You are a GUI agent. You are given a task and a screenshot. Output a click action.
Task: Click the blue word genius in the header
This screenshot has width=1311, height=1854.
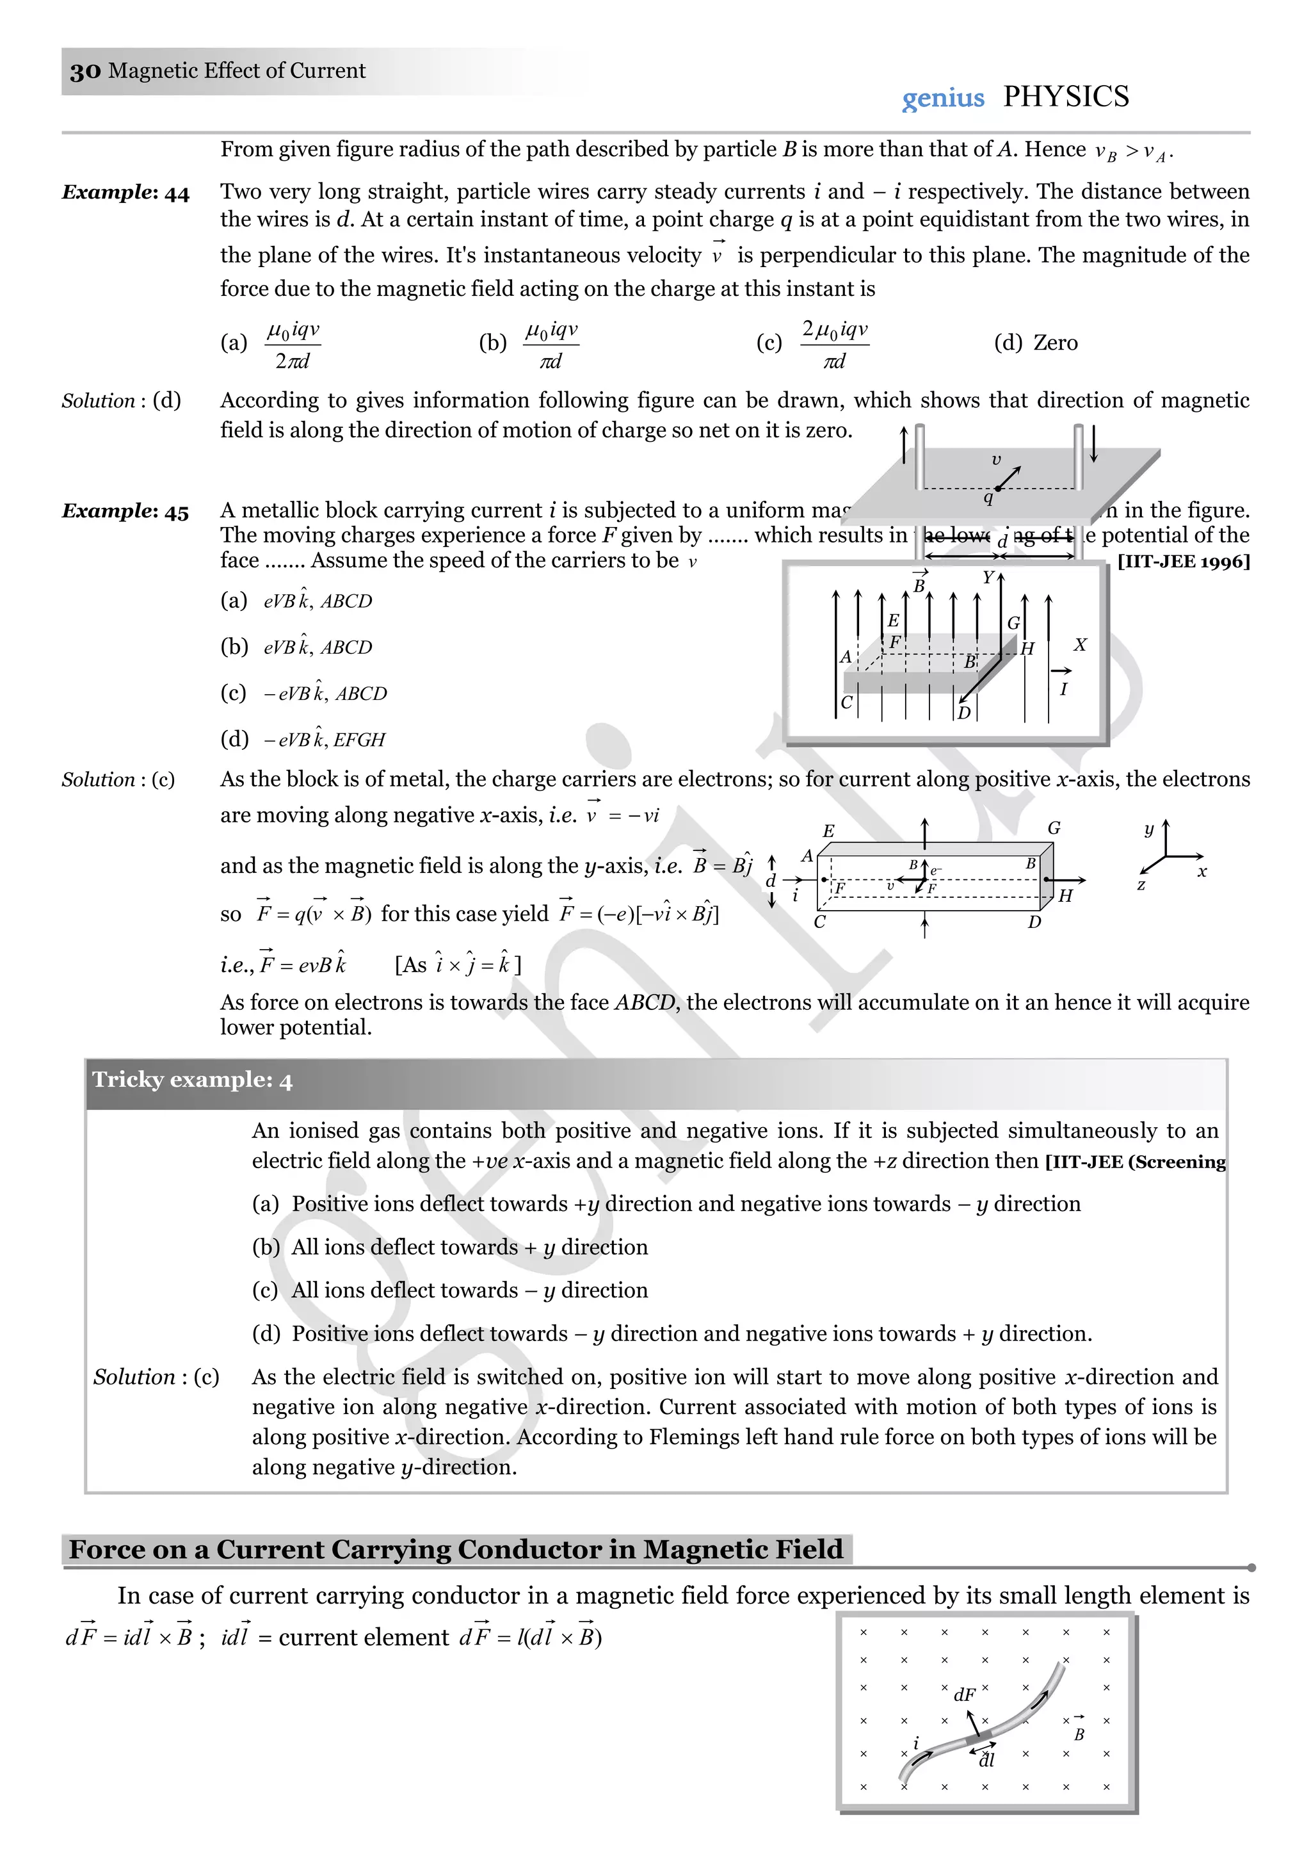tap(943, 99)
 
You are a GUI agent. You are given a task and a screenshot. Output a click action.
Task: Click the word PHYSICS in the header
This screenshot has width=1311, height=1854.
tap(1066, 97)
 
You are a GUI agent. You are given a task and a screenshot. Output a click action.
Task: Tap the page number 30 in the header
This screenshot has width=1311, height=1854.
tap(84, 72)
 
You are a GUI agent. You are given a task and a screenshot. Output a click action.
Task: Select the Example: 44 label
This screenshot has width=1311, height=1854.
tap(125, 193)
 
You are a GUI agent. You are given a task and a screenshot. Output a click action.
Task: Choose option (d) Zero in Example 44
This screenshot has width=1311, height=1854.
tap(1036, 343)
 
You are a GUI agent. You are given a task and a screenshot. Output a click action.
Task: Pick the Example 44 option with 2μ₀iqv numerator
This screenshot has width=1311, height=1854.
tap(834, 344)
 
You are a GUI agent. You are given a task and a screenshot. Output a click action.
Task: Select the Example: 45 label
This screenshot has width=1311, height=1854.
tap(125, 512)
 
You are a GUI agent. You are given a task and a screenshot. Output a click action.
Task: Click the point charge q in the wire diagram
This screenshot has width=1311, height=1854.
tap(988, 498)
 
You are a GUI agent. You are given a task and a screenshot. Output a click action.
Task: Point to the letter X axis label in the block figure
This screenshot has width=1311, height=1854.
tap(1080, 645)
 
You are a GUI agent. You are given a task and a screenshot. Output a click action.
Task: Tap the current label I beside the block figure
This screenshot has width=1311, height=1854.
tap(1063, 690)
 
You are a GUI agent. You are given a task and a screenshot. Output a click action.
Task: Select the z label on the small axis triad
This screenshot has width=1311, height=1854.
tap(1141, 885)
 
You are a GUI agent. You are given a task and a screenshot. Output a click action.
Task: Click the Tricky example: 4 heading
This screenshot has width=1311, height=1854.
tap(192, 1080)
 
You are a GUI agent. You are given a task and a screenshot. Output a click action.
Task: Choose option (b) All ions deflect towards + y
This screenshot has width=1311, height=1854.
tap(449, 1248)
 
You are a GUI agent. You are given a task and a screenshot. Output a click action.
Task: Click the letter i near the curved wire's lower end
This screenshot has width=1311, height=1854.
tap(915, 1743)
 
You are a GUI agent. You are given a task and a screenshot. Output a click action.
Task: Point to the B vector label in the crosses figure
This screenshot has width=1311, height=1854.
tap(1079, 1734)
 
